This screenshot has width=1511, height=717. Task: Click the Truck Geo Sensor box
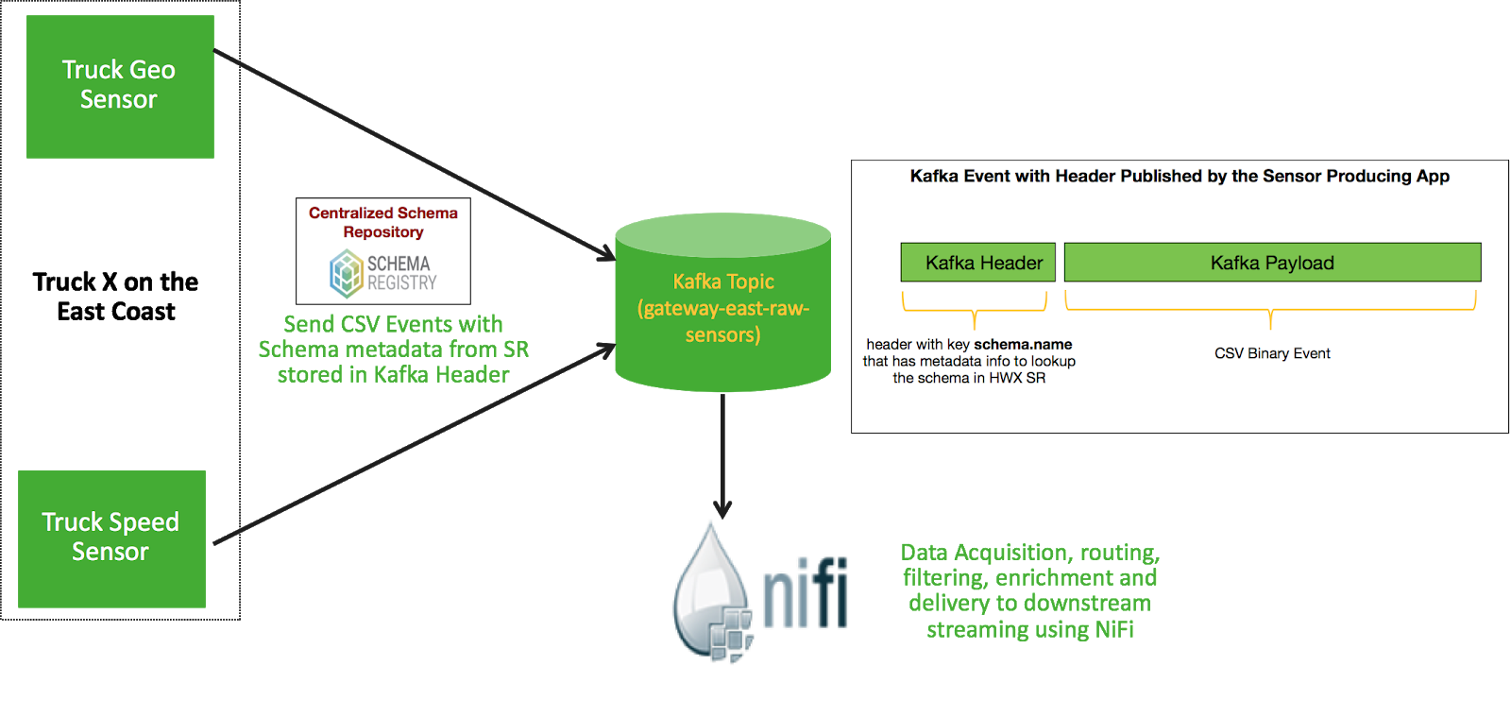point(120,86)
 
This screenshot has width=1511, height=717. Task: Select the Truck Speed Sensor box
point(111,538)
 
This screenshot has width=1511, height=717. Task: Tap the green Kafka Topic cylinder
point(722,307)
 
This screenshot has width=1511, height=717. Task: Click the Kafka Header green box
point(977,263)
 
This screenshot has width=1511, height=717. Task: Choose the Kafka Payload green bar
point(1272,263)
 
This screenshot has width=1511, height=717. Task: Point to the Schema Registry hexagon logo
point(347,272)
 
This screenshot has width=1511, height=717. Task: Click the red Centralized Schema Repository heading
point(382,222)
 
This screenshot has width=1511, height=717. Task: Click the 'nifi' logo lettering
point(806,593)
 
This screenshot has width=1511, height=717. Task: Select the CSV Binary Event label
point(1272,353)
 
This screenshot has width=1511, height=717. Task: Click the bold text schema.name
point(1023,345)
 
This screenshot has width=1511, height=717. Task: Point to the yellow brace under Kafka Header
point(975,308)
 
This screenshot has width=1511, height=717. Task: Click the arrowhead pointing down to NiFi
point(722,510)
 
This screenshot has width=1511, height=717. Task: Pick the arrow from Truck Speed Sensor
point(416,444)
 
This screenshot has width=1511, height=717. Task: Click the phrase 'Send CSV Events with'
point(393,324)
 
